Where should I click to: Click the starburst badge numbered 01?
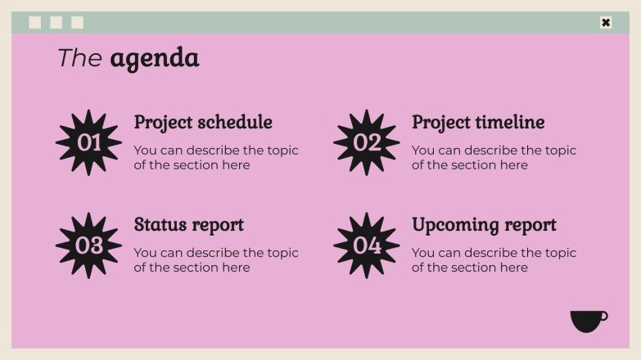click(88, 142)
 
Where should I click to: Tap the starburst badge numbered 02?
click(367, 142)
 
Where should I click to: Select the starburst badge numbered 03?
click(88, 245)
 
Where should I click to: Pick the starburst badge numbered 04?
click(367, 245)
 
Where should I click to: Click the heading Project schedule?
click(203, 123)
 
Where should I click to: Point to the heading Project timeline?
click(478, 123)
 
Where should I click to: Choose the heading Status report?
click(188, 225)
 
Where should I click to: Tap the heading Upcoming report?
click(484, 225)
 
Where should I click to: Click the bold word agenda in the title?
click(154, 58)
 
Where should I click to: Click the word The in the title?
click(79, 58)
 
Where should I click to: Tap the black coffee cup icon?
click(588, 321)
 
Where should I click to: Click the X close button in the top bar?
click(606, 23)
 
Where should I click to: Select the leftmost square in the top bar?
click(35, 23)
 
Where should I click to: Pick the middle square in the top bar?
click(56, 23)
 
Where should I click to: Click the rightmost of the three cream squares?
click(78, 23)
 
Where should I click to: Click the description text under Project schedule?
click(216, 158)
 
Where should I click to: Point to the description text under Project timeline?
click(494, 158)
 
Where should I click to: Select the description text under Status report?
click(216, 260)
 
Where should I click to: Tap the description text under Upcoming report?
click(494, 260)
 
